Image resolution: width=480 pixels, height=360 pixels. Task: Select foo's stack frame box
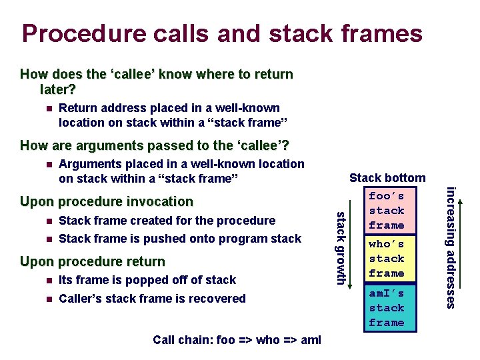click(386, 210)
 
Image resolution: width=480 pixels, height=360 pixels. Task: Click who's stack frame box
click(386, 259)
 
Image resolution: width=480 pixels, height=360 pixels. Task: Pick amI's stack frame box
click(386, 307)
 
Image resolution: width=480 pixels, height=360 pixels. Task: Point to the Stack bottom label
click(387, 178)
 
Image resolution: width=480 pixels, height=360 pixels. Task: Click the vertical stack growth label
click(339, 247)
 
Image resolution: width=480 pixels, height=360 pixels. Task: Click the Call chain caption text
click(237, 340)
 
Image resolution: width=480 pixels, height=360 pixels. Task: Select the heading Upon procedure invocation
click(107, 201)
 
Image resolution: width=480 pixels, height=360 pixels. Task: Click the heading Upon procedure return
click(93, 261)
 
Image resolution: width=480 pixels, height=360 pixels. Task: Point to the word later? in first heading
click(58, 89)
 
